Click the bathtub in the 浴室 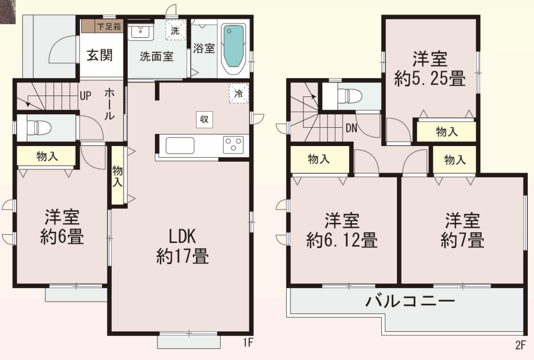[234, 50]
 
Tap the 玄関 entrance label [100, 55]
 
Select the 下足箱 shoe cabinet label [109, 26]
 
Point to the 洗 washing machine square [176, 30]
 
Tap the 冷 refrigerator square [239, 93]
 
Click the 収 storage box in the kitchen [204, 119]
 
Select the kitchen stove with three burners [233, 145]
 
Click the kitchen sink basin [180, 146]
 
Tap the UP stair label [86, 96]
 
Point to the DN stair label [351, 128]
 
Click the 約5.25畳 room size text [430, 79]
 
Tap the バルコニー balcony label [410, 301]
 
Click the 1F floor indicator [248, 342]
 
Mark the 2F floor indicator [520, 345]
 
